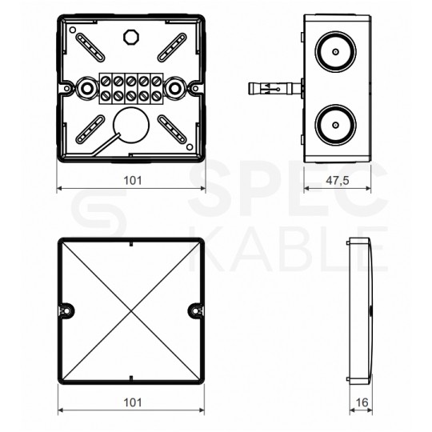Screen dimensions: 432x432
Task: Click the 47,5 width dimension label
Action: [x=338, y=181]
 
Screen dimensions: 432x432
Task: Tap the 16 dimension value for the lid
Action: [x=362, y=402]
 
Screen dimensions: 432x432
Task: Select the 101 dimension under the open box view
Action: [x=133, y=181]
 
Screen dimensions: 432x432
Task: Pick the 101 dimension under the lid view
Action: [x=133, y=402]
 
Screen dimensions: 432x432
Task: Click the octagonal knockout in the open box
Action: [x=131, y=37]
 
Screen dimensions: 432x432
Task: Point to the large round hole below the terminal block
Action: [x=131, y=125]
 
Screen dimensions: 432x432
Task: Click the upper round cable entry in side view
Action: [x=335, y=52]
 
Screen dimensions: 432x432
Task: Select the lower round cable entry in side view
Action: [x=335, y=125]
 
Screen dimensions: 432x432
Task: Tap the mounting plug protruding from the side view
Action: [x=275, y=89]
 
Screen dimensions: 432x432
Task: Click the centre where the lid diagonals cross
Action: [x=131, y=310]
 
